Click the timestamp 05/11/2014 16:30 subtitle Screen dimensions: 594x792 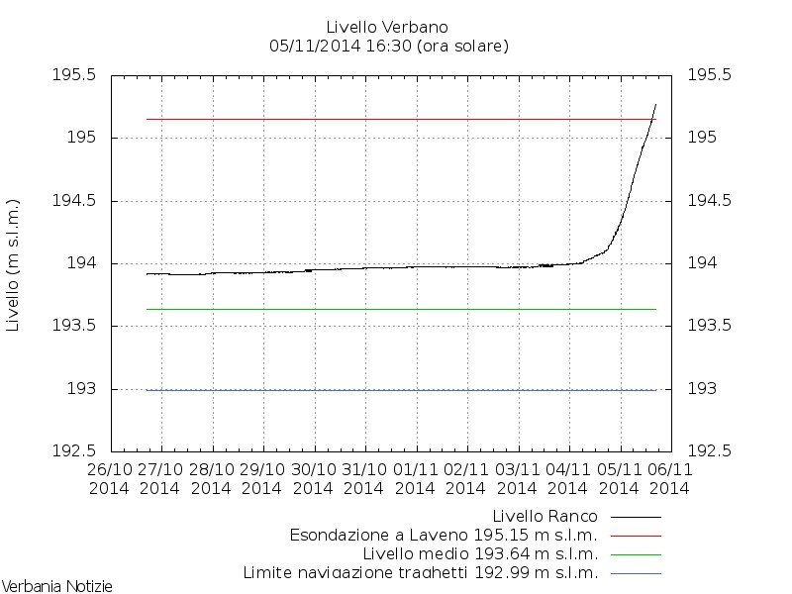(x=389, y=46)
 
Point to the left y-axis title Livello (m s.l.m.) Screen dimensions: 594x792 (x=14, y=263)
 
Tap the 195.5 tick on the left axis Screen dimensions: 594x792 (x=75, y=75)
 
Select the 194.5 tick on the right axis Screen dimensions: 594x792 (x=709, y=201)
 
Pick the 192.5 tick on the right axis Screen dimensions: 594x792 (x=709, y=451)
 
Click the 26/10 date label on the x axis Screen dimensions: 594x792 (x=109, y=470)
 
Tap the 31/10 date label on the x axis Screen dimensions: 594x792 (x=363, y=470)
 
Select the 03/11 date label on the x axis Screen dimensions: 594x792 (x=517, y=470)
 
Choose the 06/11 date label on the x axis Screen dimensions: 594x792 (x=669, y=470)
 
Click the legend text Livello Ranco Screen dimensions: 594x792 (x=546, y=516)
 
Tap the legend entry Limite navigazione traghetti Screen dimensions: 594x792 (x=421, y=572)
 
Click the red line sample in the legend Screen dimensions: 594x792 (x=636, y=535)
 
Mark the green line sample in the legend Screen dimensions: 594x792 (x=636, y=553)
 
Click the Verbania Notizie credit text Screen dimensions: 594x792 (x=56, y=586)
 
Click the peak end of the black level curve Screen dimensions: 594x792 (x=655, y=104)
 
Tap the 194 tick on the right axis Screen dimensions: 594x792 (x=703, y=263)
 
